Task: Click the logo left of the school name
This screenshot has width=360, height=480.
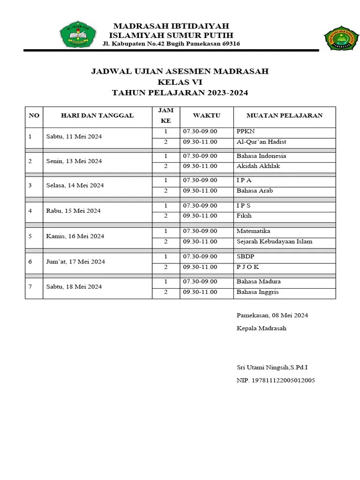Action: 77,34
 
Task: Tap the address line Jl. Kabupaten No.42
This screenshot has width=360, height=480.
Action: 171,44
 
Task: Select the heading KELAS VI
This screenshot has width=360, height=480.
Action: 180,82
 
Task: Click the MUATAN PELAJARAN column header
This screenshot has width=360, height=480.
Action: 285,115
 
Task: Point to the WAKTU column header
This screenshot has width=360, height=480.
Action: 206,115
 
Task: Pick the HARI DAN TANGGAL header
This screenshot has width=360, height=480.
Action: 97,115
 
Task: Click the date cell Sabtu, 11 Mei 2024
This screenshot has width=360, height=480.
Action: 74,136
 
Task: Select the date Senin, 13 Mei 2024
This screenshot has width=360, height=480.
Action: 74,161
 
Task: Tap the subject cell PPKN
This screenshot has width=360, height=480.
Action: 246,131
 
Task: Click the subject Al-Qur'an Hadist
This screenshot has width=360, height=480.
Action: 261,142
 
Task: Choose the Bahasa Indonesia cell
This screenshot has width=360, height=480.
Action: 261,156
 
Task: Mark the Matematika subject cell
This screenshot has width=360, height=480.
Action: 253,231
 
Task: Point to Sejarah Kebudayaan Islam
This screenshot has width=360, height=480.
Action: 274,241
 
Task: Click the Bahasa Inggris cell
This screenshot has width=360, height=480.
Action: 257,292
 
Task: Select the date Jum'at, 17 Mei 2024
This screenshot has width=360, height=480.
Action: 75,262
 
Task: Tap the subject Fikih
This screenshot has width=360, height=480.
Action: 244,216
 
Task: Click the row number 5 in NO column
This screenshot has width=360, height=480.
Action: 30,236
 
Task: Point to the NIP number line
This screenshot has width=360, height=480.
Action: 276,380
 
